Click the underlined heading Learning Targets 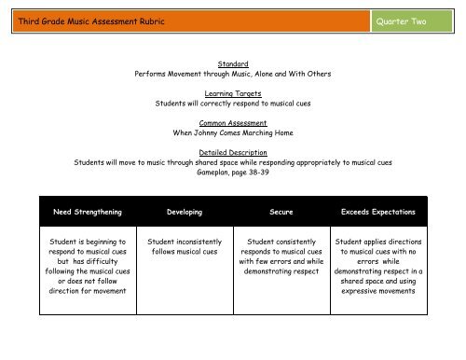tap(234, 93)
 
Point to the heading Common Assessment tap(234, 123)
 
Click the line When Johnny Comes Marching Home tap(234, 133)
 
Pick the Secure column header tap(281, 213)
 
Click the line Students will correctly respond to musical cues tap(234, 104)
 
